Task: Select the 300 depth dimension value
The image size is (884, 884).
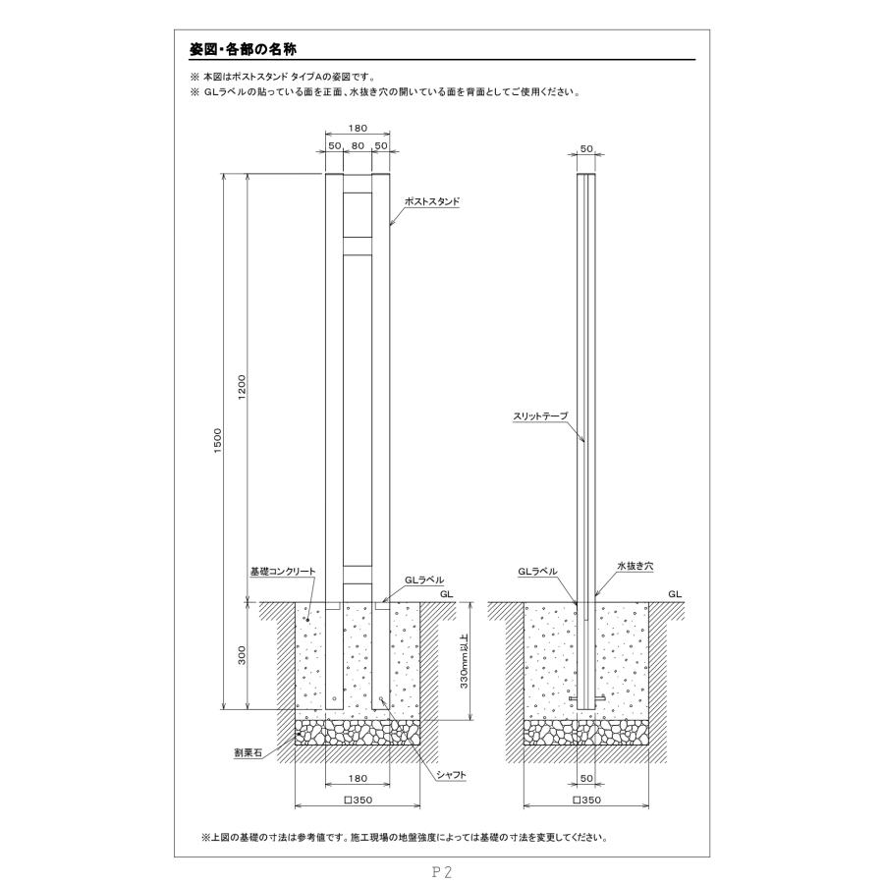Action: coord(242,655)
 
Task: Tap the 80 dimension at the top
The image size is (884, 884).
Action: coord(359,145)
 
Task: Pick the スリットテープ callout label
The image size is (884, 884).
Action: coord(540,416)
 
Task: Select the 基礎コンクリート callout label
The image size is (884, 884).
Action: coord(281,570)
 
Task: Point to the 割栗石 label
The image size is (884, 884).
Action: coord(248,752)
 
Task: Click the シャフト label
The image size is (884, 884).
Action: coord(450,775)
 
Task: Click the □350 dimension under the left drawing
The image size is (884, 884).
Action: coord(358,801)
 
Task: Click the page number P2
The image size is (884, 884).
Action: coord(441,870)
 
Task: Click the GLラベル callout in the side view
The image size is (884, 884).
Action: coord(538,570)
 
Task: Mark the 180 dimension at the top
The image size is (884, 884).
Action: coord(359,128)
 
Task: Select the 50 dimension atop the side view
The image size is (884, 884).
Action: coord(587,148)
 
